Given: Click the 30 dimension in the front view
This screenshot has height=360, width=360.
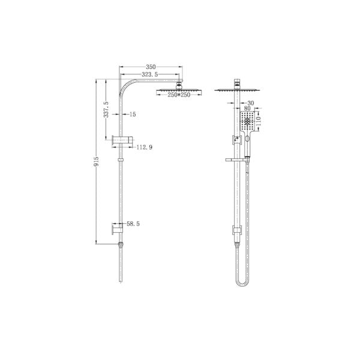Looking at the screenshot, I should pos(250,103).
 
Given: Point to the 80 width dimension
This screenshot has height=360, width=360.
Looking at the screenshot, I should pos(248,109).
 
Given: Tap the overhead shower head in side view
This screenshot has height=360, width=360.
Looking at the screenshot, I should pos(178,90).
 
